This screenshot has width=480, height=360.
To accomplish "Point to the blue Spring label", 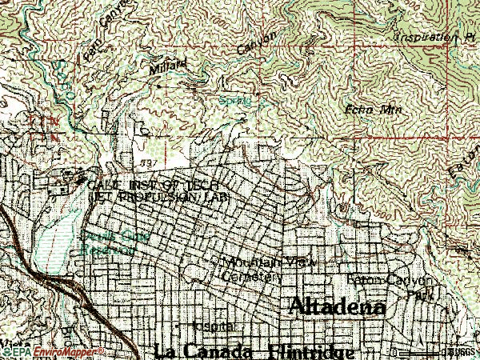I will pyautogui.click(x=232, y=101).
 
